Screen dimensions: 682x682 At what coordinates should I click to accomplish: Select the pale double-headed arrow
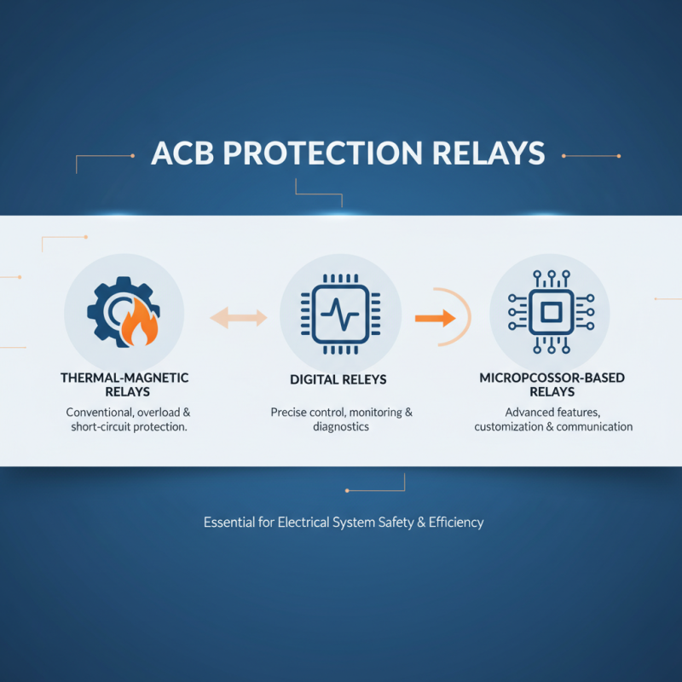tap(239, 318)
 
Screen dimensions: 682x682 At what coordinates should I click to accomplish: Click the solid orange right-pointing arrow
tap(434, 318)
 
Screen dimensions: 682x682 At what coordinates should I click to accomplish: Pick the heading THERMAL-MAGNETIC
tap(124, 377)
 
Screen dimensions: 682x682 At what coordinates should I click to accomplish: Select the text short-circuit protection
tap(128, 426)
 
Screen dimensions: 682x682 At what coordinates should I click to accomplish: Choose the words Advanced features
tap(553, 412)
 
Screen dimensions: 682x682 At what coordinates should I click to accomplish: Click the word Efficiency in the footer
tap(454, 522)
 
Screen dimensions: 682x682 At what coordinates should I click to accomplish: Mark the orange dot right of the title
tap(618, 156)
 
